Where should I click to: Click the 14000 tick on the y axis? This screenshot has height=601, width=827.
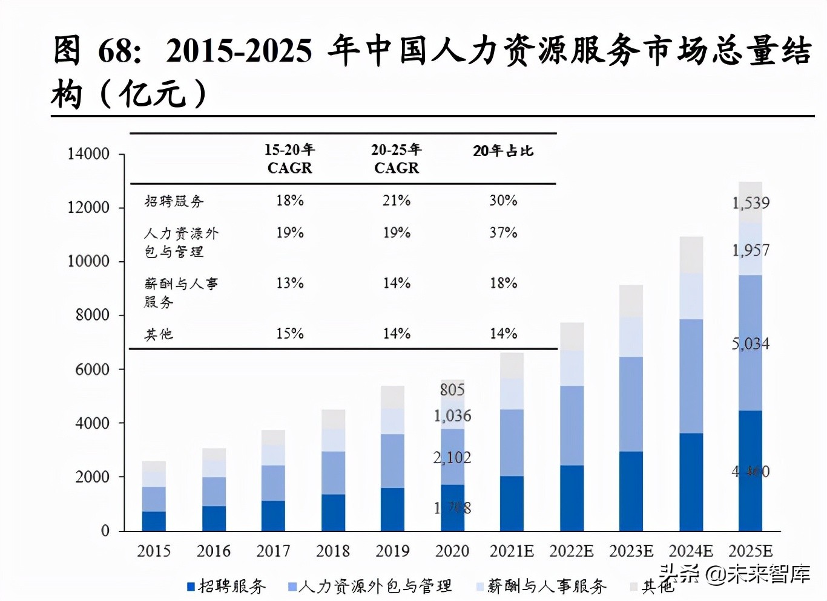coord(88,154)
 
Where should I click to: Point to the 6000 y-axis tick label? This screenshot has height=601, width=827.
coord(92,369)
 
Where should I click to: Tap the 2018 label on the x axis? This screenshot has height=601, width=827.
coord(333,551)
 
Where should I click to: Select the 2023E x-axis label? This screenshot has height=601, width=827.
coord(631,551)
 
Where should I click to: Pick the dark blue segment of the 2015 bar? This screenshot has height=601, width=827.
coord(154,521)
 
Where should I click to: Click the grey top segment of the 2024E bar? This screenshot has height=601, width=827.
coord(691,255)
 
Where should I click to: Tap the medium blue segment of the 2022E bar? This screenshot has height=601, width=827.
coord(572,425)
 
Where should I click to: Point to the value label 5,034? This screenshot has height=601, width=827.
coord(751,344)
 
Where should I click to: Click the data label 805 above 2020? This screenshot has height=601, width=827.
coord(452,390)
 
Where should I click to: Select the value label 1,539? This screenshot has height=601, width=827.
coord(751,203)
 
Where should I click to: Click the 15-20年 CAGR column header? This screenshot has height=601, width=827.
coord(289,158)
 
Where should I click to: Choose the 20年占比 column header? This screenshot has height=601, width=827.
coord(503,151)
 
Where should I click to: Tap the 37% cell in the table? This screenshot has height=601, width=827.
coord(503,233)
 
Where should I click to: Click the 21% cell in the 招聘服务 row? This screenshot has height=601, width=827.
coord(397,201)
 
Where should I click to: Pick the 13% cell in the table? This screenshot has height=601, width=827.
coord(289,283)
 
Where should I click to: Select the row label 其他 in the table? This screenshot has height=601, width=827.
coord(159,334)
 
